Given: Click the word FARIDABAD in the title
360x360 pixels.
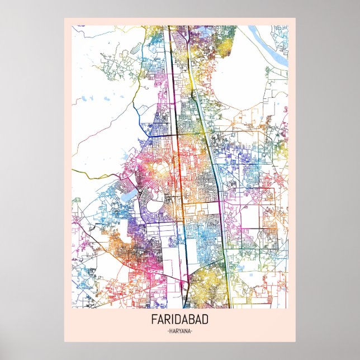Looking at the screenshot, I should pyautogui.click(x=179, y=321).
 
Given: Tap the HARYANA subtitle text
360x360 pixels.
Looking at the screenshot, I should pyautogui.click(x=179, y=331).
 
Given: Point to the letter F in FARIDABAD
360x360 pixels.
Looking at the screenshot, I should pyautogui.click(x=153, y=321).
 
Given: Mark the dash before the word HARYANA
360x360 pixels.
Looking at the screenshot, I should pyautogui.click(x=167, y=331).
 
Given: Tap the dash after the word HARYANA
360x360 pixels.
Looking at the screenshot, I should pyautogui.click(x=193, y=331).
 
